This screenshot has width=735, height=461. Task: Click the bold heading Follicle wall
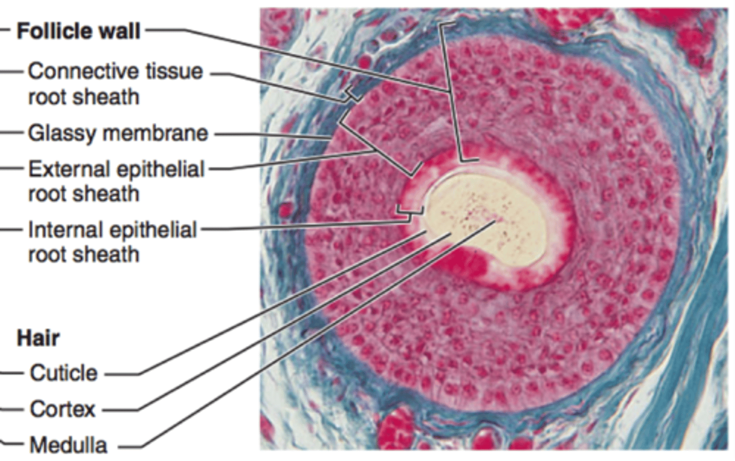(x=78, y=31)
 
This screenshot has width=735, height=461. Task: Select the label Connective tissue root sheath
(x=115, y=84)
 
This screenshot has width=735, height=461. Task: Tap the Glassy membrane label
(x=118, y=133)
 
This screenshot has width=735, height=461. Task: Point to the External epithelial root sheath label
(x=116, y=181)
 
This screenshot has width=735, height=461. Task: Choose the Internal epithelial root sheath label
(x=112, y=241)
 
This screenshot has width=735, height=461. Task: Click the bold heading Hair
(x=38, y=338)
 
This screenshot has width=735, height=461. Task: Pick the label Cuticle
(x=63, y=373)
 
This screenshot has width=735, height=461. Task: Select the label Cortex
(x=62, y=409)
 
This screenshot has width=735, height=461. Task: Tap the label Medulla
(x=68, y=445)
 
